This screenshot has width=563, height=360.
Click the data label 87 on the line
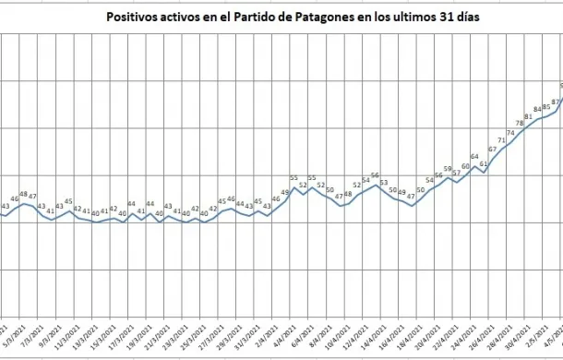(x=556, y=102)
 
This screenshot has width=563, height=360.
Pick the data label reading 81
(x=529, y=115)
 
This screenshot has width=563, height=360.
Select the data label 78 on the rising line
(x=520, y=123)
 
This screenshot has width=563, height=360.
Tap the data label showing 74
(x=510, y=132)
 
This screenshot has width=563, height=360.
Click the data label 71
(x=502, y=141)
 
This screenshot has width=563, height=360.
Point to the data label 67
(x=493, y=149)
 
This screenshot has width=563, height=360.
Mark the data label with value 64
(x=475, y=157)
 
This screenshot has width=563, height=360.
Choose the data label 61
(x=484, y=162)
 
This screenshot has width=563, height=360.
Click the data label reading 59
(x=448, y=170)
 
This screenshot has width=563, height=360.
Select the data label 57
(x=457, y=174)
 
